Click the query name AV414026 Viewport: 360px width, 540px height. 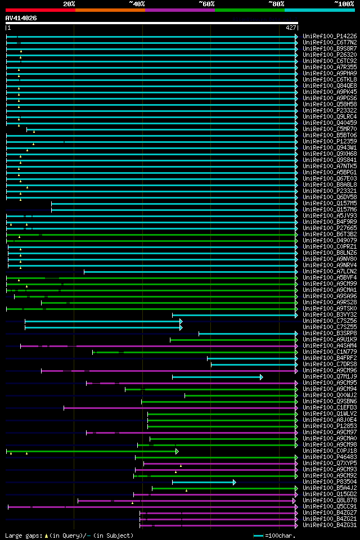click(x=21, y=18)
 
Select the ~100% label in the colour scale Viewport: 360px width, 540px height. click(x=344, y=3)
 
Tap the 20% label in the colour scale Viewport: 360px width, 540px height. click(x=69, y=3)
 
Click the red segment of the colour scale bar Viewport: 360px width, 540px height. click(x=40, y=10)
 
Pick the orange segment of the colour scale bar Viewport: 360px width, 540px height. click(x=110, y=10)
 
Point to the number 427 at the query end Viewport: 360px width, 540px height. click(x=291, y=28)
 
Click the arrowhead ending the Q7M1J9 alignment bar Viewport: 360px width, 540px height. click(x=262, y=377)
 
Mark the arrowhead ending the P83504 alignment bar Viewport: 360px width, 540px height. click(x=235, y=482)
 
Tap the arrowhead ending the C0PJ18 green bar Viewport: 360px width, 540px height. click(x=177, y=451)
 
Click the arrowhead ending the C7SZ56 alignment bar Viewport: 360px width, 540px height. click(x=181, y=321)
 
